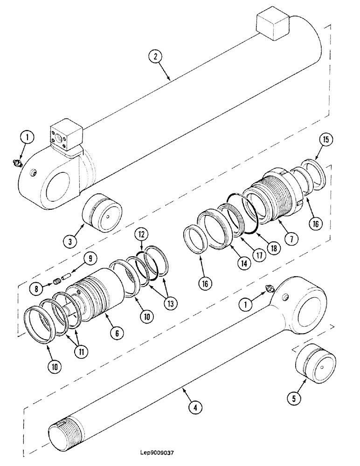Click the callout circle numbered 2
point(155,58)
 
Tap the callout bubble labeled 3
point(69,241)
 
